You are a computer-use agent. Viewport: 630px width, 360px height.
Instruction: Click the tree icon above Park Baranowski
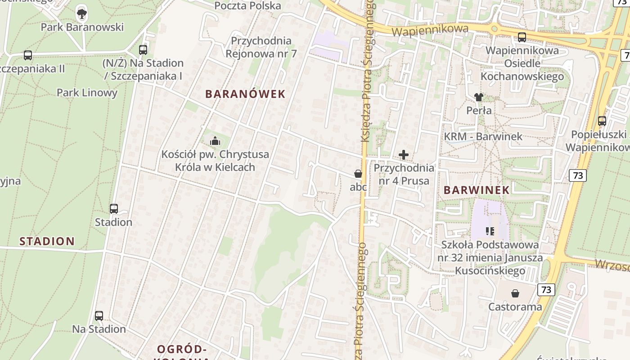point(82,13)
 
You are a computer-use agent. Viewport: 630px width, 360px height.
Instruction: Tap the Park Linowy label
point(87,93)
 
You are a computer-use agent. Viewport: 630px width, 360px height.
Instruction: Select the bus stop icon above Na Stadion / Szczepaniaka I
point(143,50)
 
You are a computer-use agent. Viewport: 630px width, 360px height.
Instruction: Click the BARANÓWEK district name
point(245,94)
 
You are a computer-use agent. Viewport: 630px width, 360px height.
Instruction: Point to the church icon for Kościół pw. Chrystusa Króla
point(215,141)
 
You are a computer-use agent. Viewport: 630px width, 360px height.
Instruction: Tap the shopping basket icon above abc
point(358,174)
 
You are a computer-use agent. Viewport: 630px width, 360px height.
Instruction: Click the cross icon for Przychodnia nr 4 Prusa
point(404,155)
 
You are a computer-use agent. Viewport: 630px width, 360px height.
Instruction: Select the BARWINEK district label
point(477,190)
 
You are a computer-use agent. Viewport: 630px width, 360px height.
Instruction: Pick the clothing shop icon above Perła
point(478,97)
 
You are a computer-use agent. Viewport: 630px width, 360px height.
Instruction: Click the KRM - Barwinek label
point(483,136)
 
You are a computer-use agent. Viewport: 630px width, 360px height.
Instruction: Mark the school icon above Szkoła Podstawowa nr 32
point(490,231)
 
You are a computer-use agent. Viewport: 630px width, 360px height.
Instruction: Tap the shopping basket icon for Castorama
point(515,294)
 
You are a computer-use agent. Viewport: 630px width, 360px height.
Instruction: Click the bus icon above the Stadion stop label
point(114,209)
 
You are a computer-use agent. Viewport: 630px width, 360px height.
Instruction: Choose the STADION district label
point(47,241)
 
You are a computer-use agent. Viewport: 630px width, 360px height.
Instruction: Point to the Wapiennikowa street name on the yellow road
point(430,30)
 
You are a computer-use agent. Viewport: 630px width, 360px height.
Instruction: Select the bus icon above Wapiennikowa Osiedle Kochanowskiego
point(522,37)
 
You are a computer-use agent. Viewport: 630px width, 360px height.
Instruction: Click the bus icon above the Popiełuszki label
point(602,121)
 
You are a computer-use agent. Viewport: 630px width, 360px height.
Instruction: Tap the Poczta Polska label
point(247,6)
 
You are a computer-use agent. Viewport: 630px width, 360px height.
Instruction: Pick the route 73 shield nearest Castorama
point(546,289)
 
